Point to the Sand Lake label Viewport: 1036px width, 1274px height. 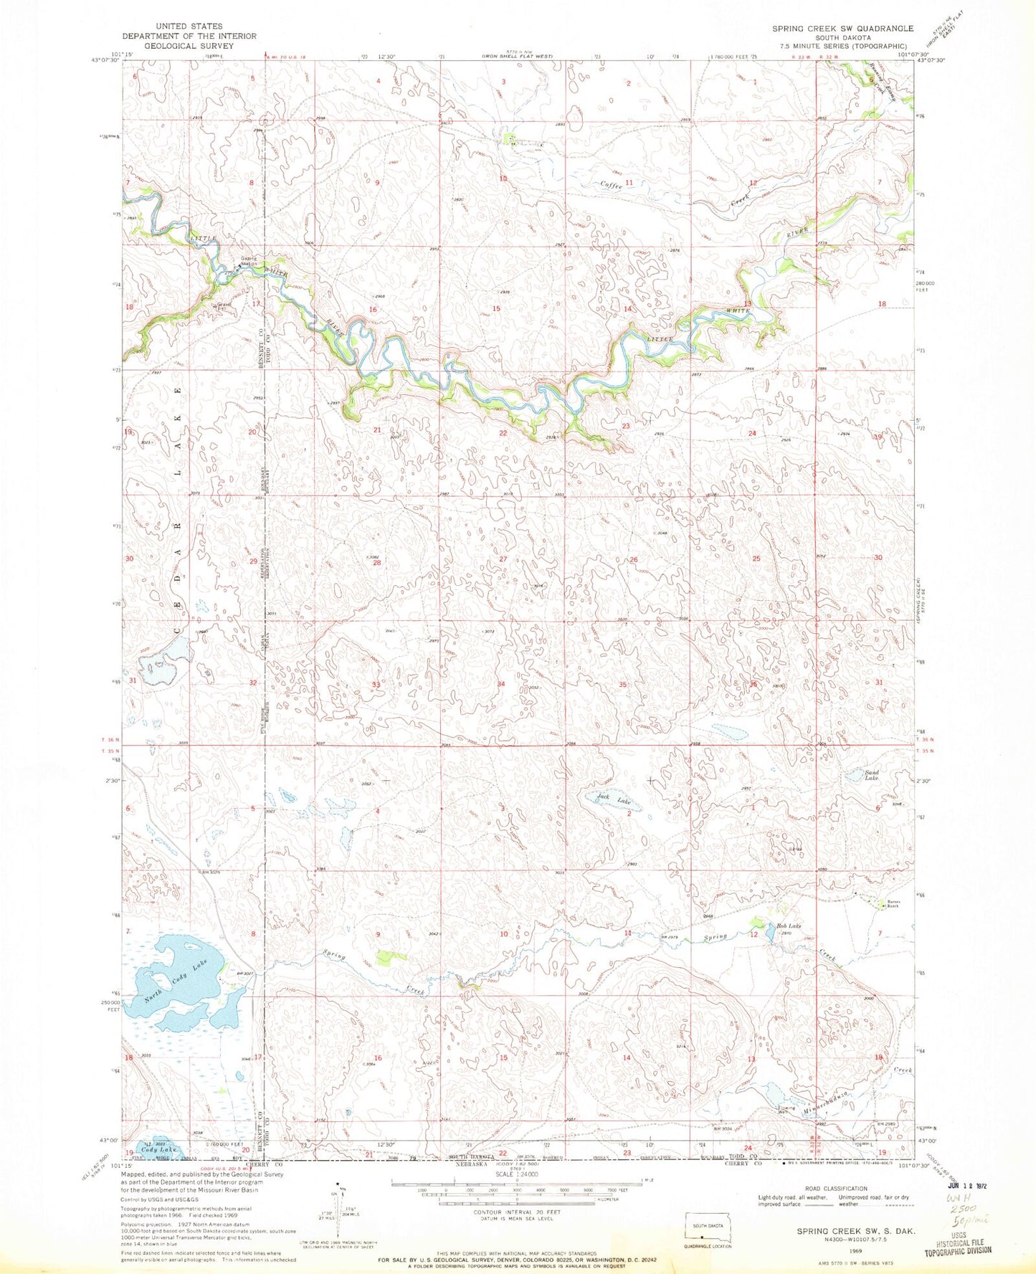[x=871, y=776]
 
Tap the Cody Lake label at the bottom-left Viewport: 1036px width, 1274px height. [x=158, y=1169]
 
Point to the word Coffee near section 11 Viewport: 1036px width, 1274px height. [x=611, y=184]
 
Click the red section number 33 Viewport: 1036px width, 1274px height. [x=376, y=685]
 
